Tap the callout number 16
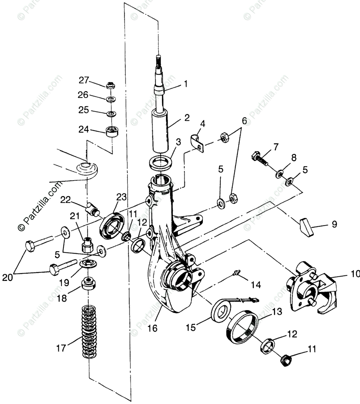pyautogui.click(x=152, y=328)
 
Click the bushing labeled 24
pyautogui.click(x=112, y=132)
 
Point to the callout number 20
pyautogui.click(x=7, y=278)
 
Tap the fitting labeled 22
pyautogui.click(x=93, y=209)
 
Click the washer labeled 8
pyautogui.click(x=279, y=173)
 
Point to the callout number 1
pyautogui.click(x=185, y=84)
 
